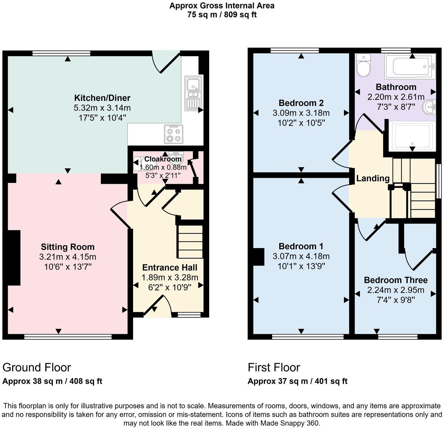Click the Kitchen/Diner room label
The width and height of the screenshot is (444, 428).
click(102, 98)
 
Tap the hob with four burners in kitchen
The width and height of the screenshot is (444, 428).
click(174, 134)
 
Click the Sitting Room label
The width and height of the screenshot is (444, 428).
click(68, 247)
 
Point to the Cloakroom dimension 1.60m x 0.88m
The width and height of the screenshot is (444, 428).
click(163, 167)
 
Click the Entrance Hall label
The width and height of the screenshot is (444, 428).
click(169, 267)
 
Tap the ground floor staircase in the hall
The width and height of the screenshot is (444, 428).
click(190, 241)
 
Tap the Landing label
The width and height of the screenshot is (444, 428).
click(373, 178)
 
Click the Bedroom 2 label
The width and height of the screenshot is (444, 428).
click(301, 103)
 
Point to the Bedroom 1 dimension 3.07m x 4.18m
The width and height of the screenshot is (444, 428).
click(301, 256)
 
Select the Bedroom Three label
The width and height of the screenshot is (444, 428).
click(396, 280)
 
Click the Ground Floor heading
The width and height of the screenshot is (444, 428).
click(37, 367)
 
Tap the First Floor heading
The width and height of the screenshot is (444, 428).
click(274, 367)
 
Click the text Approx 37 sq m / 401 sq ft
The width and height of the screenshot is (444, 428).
click(297, 381)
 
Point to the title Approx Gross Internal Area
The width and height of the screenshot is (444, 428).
click(222, 5)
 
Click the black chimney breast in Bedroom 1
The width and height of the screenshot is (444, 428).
click(259, 256)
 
